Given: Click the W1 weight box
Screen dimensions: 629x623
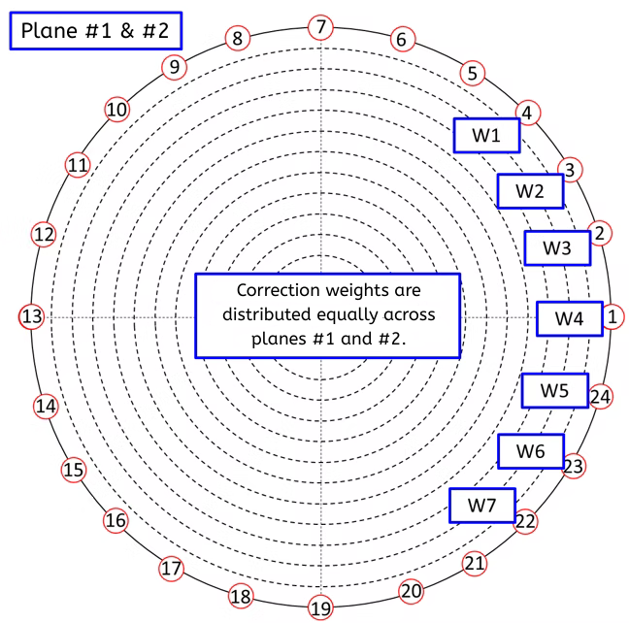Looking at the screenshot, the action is click(486, 135).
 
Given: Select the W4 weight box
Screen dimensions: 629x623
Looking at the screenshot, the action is click(570, 318).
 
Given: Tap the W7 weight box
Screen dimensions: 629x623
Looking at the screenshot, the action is click(482, 505).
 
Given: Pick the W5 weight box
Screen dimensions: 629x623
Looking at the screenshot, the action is click(555, 390).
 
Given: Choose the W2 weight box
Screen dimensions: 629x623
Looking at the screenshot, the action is click(530, 191).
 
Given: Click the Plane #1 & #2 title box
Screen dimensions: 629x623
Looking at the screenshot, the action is click(96, 31).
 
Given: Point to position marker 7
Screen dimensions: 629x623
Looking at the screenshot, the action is click(320, 27).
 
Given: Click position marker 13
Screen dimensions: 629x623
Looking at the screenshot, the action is click(32, 316).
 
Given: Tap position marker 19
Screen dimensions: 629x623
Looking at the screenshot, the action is click(320, 607).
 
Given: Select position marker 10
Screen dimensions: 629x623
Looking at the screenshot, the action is click(117, 110).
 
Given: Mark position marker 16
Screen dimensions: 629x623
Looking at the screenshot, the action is click(116, 520).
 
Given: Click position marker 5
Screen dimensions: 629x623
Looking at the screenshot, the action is click(473, 73).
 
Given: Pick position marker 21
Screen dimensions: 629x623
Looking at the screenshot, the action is click(475, 564).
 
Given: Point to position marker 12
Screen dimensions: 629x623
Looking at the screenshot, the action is click(44, 235).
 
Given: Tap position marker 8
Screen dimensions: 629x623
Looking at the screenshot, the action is click(238, 39).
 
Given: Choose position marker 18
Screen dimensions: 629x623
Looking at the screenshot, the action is click(241, 597).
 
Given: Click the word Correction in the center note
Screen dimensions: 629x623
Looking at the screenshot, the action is click(278, 290).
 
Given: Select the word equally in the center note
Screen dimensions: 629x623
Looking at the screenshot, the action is click(347, 315).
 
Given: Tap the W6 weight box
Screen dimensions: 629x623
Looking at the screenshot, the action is click(531, 451).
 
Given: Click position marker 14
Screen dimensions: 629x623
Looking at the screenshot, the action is click(46, 407).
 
